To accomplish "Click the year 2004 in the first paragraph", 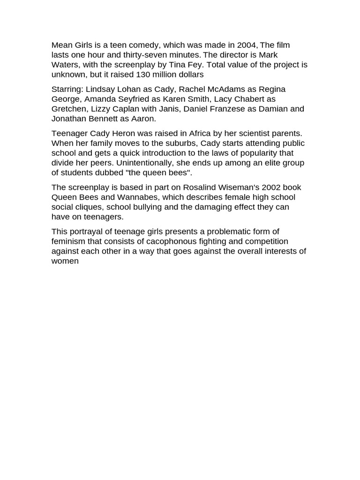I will pyautogui.click(x=247, y=45).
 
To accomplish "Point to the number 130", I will pyautogui.click(x=143, y=75).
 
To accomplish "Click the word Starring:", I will pyautogui.click(x=67, y=89).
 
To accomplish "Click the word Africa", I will pyautogui.click(x=200, y=133).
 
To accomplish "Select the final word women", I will pyautogui.click(x=65, y=261).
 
